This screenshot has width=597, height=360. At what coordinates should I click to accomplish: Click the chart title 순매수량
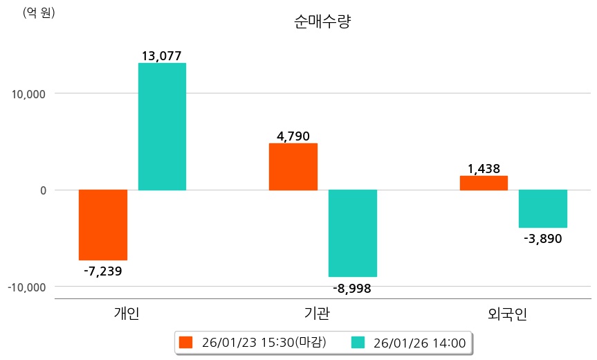point(322,22)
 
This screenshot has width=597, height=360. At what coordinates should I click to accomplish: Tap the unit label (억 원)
point(39,12)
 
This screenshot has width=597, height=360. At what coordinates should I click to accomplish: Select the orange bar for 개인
point(102,224)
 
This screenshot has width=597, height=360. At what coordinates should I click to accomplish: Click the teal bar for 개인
point(162,126)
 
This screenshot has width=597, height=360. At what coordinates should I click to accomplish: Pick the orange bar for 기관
point(293,166)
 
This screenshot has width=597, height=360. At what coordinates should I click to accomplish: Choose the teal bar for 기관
point(353,233)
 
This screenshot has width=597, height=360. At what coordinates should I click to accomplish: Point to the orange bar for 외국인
point(484,183)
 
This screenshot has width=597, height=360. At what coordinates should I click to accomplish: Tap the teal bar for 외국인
point(543,208)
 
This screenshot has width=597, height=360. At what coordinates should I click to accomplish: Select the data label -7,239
point(102,271)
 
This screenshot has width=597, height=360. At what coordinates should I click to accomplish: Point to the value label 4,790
point(293,136)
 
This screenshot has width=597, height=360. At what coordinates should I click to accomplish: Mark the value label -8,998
point(352,288)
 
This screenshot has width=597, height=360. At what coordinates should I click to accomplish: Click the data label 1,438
point(484,168)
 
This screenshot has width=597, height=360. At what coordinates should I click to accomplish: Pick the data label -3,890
point(543,239)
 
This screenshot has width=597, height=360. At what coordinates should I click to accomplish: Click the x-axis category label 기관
point(317,314)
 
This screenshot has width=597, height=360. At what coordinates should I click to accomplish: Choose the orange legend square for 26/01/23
point(185,342)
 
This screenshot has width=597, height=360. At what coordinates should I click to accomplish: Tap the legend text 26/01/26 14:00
point(419,342)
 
